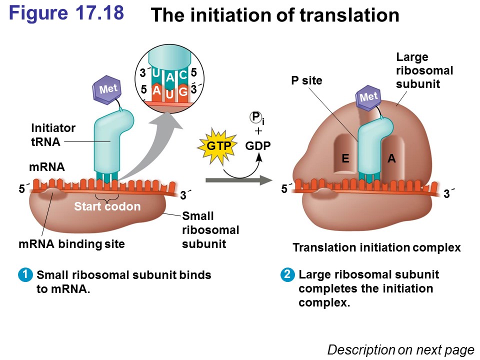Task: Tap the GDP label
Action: pyautogui.click(x=258, y=145)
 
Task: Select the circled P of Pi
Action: pyautogui.click(x=256, y=117)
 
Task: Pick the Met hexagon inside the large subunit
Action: pyautogui.click(x=368, y=97)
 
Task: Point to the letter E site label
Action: pyautogui.click(x=345, y=158)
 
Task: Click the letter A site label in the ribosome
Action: pyautogui.click(x=391, y=158)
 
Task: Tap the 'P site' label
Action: pyautogui.click(x=306, y=80)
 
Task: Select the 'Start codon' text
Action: pyautogui.click(x=107, y=206)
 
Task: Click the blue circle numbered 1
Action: pyautogui.click(x=24, y=274)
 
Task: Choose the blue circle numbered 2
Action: pyautogui.click(x=287, y=274)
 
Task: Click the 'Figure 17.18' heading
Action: pyautogui.click(x=66, y=13)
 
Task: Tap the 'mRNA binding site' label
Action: pyautogui.click(x=71, y=244)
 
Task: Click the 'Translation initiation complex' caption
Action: pyautogui.click(x=376, y=247)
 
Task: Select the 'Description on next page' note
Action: pyautogui.click(x=400, y=349)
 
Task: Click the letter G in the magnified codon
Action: pyautogui.click(x=183, y=92)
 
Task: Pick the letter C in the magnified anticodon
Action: pyautogui.click(x=183, y=75)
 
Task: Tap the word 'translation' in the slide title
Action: pyautogui.click(x=349, y=16)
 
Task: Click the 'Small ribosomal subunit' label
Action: pyautogui.click(x=210, y=230)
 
